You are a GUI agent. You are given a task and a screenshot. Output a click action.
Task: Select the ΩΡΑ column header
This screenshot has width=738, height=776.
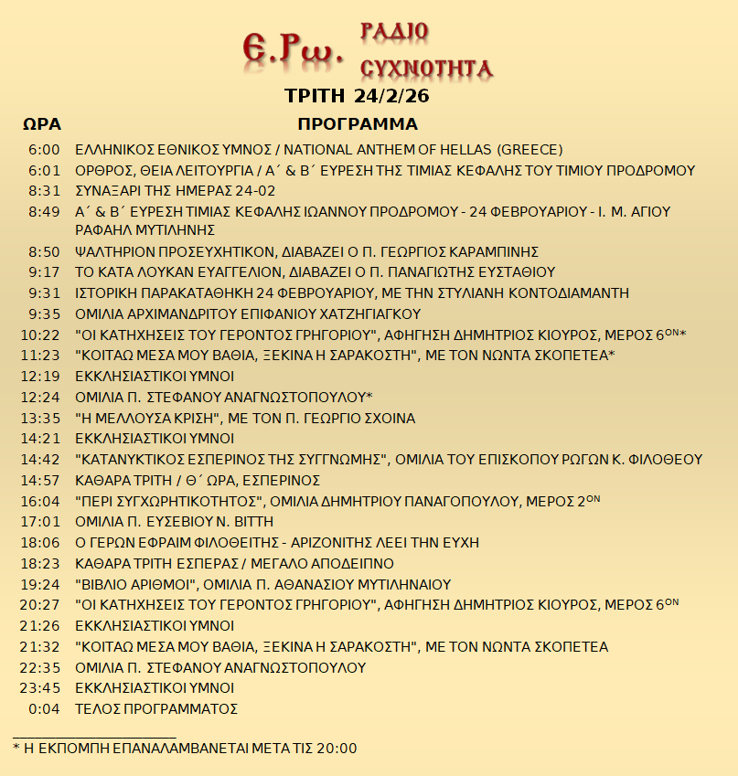point(41,124)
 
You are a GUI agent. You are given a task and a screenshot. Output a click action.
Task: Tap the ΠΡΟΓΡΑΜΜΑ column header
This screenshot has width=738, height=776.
point(358,124)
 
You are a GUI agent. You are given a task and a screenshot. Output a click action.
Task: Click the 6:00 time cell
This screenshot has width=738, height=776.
point(44,150)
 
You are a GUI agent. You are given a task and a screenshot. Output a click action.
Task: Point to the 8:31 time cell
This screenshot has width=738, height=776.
point(44,191)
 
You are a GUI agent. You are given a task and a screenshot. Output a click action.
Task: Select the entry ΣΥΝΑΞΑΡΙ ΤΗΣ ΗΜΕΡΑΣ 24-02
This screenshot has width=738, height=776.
point(176,191)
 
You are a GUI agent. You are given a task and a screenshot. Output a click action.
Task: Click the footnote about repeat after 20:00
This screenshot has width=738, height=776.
point(185,748)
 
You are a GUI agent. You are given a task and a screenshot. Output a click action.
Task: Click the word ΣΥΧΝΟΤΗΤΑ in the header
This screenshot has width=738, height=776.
point(427,68)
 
